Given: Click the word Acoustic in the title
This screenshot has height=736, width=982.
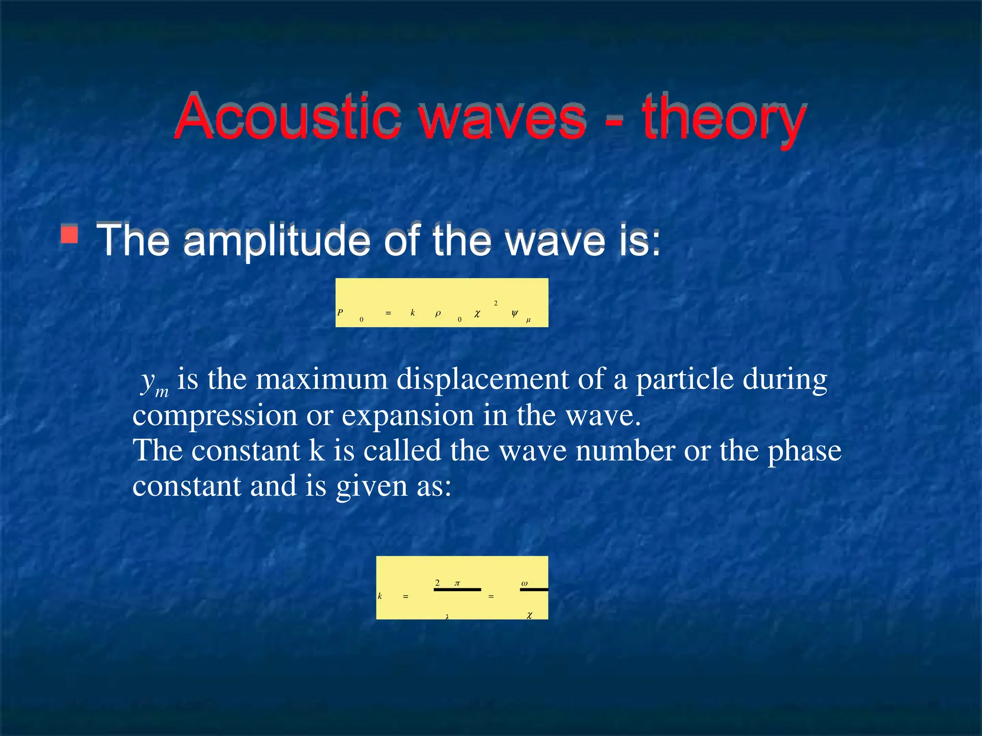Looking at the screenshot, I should tap(287, 117).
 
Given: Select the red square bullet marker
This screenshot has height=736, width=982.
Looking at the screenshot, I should tap(70, 235).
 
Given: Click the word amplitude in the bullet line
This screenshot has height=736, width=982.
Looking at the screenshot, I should tap(277, 240).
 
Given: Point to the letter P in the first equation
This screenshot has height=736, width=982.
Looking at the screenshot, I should tap(340, 312).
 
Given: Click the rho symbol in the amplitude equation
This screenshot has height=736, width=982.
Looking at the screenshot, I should tap(438, 313).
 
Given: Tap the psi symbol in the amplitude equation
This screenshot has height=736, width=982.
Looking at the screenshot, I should tap(514, 313).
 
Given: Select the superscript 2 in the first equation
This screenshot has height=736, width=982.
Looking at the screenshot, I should tap(496, 303).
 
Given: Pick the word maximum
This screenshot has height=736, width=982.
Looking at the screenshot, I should tap(321, 379).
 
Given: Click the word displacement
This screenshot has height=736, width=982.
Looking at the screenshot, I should tap(482, 379).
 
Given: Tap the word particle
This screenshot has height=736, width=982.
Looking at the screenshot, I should tap(685, 379).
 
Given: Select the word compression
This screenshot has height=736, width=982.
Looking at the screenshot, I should tap(215, 415).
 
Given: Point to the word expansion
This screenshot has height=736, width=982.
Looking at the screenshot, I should tap(408, 415).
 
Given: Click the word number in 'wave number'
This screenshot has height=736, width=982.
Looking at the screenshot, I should tap(625, 451).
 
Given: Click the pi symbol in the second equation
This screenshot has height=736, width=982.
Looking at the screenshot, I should tap(457, 583).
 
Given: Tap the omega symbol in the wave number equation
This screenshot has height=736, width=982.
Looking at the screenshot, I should tap(525, 583).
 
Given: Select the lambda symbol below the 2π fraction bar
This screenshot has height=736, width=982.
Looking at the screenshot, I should tap(447, 617).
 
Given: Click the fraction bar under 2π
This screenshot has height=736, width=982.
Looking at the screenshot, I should tap(457, 589).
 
